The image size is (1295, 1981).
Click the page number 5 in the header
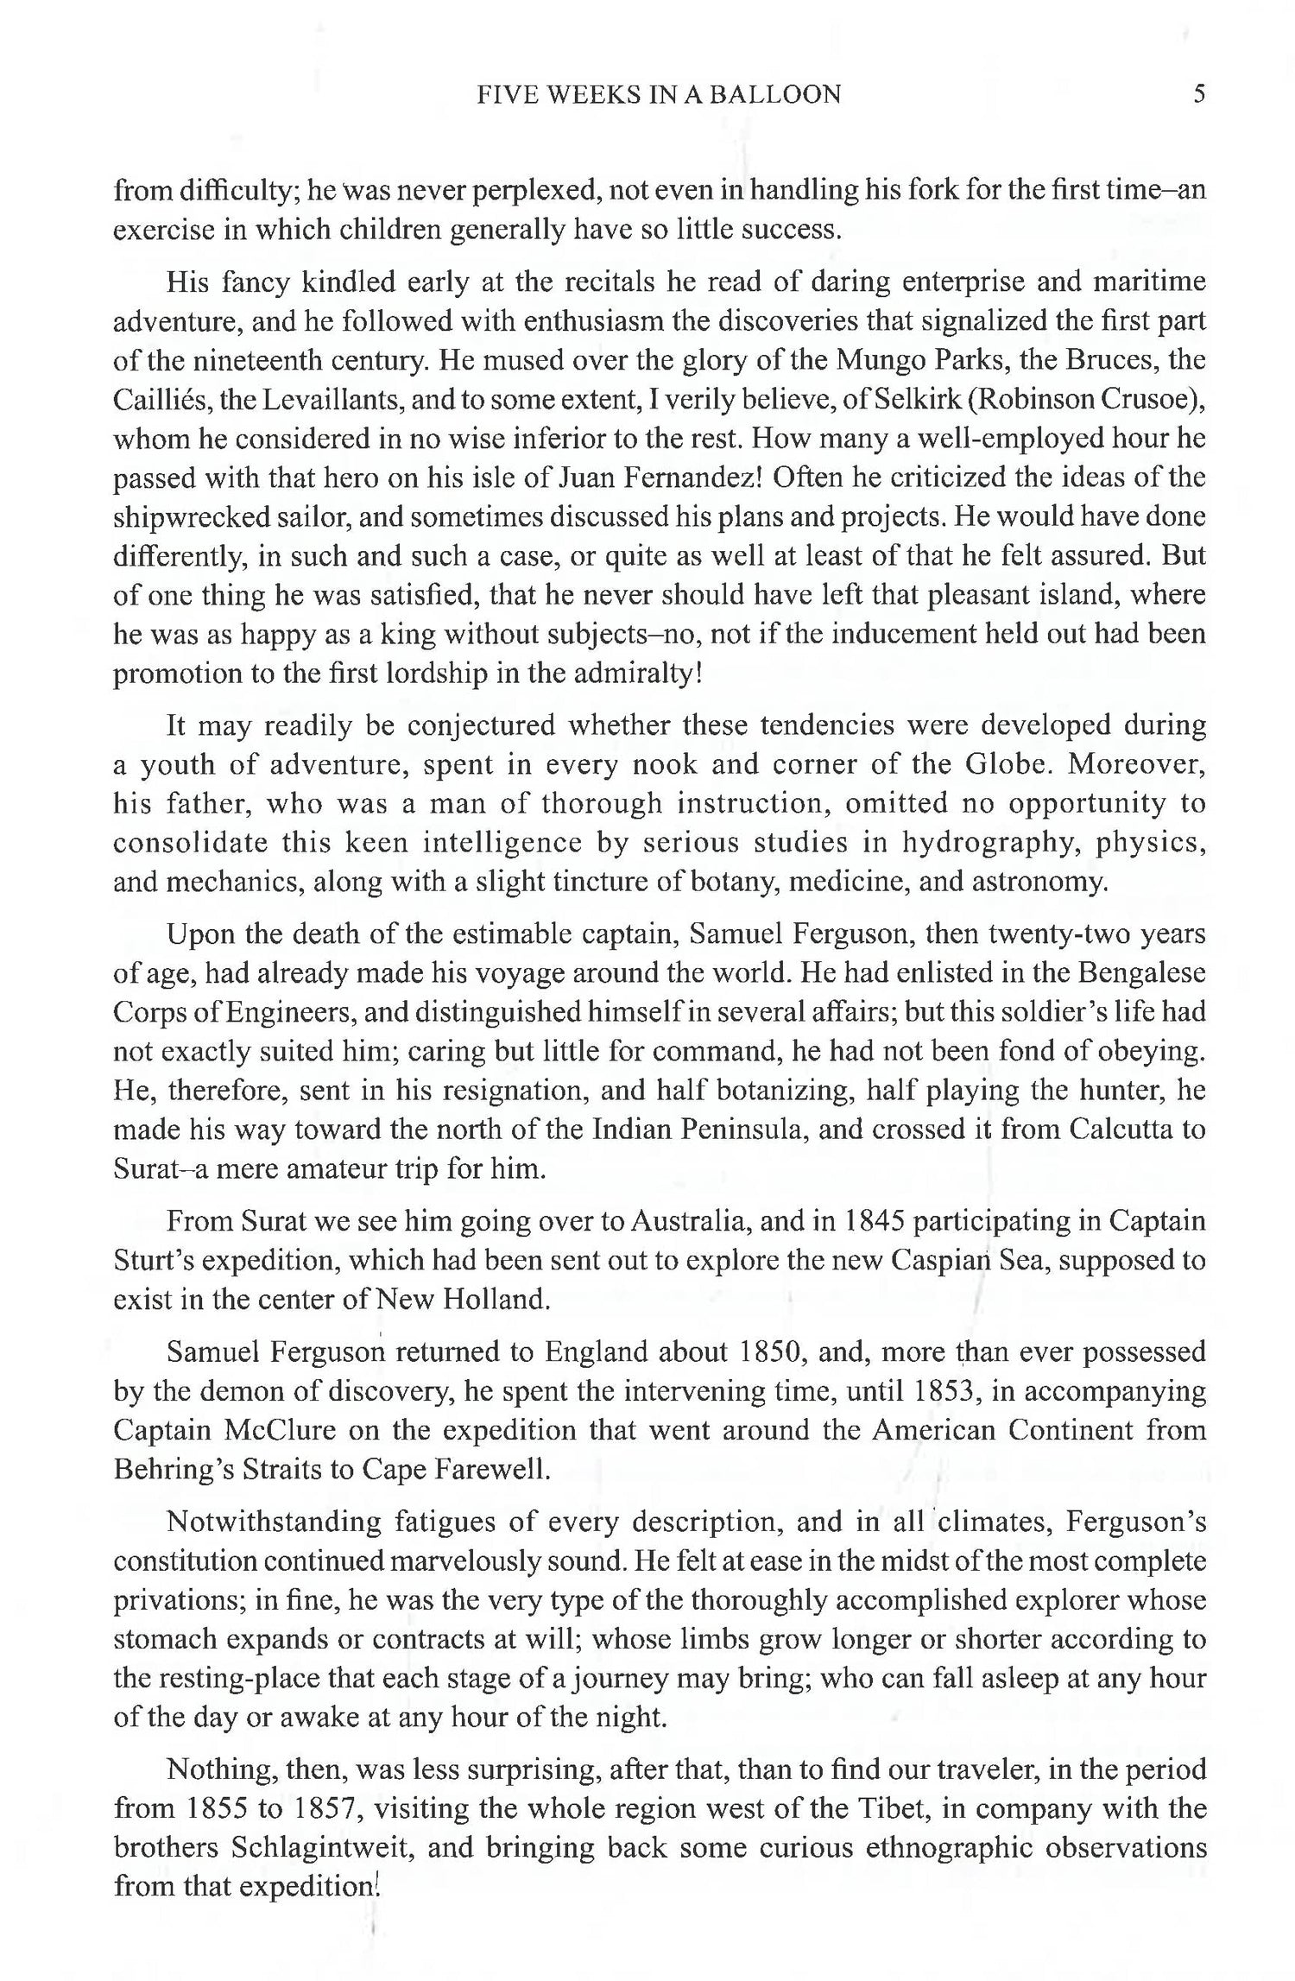click(1198, 94)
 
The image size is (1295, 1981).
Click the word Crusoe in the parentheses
click(1133, 399)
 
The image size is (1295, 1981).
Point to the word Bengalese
click(1140, 973)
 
